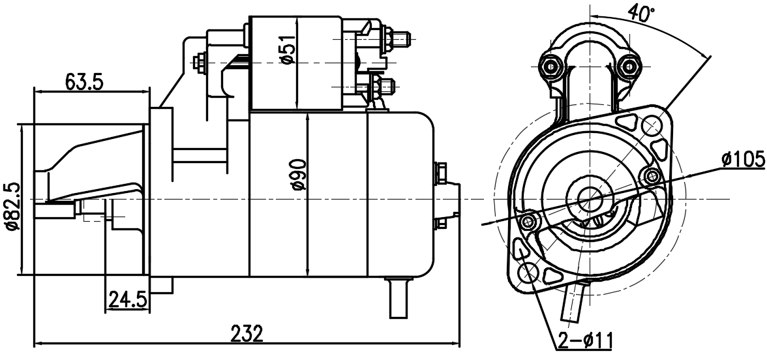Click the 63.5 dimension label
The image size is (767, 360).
point(84,82)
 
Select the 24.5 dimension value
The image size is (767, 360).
point(128,300)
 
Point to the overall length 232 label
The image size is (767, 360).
point(247,334)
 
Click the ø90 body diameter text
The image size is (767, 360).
point(298,175)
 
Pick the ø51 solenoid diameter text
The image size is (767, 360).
point(288,50)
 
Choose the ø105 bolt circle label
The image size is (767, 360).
point(742,158)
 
